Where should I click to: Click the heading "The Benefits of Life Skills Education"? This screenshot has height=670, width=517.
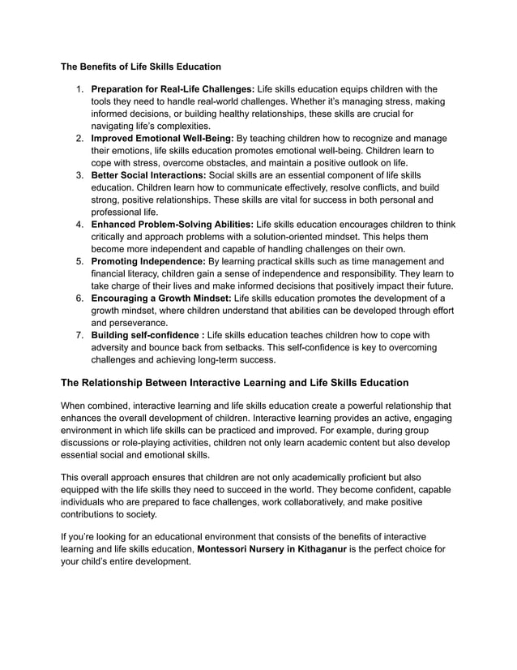click(141, 65)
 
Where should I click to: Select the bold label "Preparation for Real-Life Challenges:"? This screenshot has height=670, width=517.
click(173, 89)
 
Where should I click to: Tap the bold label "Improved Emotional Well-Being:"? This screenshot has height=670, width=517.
click(162, 139)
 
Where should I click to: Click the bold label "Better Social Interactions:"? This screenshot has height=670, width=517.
click(148, 175)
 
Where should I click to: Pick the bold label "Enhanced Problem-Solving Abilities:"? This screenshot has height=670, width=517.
click(172, 225)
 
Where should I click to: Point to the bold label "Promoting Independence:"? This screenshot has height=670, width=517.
click(148, 262)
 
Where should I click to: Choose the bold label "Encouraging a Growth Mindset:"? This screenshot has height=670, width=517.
click(160, 298)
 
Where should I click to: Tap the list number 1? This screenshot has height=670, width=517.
click(79, 89)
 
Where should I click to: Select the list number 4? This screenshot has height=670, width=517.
click(79, 225)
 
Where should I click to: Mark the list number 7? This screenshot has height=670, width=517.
click(79, 336)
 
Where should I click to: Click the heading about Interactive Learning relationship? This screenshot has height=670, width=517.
click(235, 382)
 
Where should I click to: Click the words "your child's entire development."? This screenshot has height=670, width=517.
click(126, 561)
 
